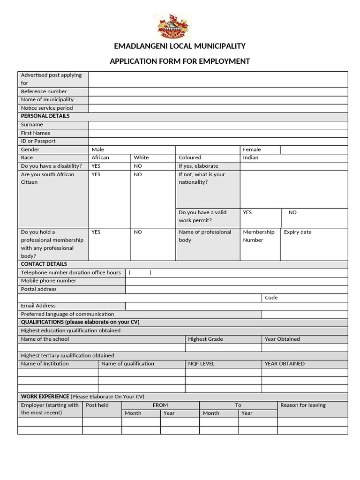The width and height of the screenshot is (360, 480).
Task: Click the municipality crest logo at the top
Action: [x=173, y=26]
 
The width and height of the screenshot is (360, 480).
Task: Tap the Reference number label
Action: [x=44, y=91]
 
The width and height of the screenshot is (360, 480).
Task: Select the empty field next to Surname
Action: [x=218, y=125]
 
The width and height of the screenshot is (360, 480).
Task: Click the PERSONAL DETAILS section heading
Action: [x=45, y=116]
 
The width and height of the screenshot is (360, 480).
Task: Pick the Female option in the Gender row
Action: [x=252, y=150]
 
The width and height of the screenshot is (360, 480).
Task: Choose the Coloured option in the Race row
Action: [x=190, y=157]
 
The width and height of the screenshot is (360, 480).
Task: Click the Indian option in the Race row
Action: [x=251, y=157]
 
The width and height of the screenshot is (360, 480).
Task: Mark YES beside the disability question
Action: [x=96, y=166]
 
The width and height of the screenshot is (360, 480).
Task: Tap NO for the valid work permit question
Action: [x=292, y=212]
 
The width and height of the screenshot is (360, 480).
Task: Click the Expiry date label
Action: [x=298, y=232]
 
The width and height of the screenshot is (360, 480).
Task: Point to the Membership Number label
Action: [x=258, y=236]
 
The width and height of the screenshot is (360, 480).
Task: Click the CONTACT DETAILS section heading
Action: [x=44, y=264]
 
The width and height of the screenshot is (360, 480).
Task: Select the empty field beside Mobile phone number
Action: [x=237, y=281]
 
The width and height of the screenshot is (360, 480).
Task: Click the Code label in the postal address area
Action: [x=271, y=298]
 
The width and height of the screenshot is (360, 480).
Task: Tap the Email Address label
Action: [x=38, y=306]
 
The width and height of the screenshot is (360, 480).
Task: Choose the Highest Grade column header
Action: [x=205, y=339]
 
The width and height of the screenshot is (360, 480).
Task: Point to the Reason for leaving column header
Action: [x=303, y=405]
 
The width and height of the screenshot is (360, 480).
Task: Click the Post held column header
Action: [x=97, y=405]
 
